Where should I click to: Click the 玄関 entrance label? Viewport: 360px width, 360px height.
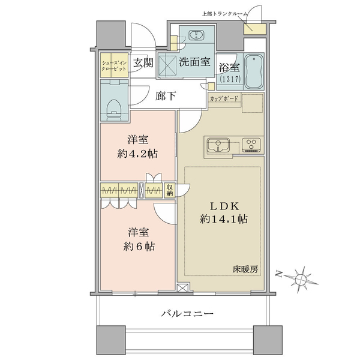pos(143,62)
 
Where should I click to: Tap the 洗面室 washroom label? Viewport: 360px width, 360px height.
pos(194,62)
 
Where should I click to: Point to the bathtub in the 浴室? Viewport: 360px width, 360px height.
pos(254,71)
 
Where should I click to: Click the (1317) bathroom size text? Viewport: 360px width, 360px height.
pos(230,79)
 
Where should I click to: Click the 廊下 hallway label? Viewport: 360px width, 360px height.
pos(166,96)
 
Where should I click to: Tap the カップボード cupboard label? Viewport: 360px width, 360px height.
pos(224,99)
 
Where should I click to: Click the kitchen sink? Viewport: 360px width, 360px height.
pos(218,145)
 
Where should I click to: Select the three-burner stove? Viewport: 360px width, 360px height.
pos(251,145)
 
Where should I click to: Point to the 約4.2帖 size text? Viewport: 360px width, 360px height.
pos(137,154)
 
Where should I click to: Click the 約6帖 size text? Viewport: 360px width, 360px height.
pos(139,247)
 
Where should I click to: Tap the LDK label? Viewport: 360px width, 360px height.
pos(224,206)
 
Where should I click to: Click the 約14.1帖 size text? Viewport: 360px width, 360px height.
pos(224,219)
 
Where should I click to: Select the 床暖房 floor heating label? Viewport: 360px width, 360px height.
pos(245,269)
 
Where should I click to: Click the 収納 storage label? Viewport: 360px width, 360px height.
pos(170,190)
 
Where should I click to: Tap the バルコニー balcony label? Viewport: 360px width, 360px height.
pos(187,313)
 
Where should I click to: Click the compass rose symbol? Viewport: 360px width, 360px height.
pos(299,279)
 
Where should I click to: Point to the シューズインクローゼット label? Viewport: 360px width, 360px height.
pos(114,65)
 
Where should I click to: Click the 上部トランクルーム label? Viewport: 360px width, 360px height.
pos(225,14)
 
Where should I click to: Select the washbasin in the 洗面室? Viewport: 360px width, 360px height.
pos(196,35)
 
